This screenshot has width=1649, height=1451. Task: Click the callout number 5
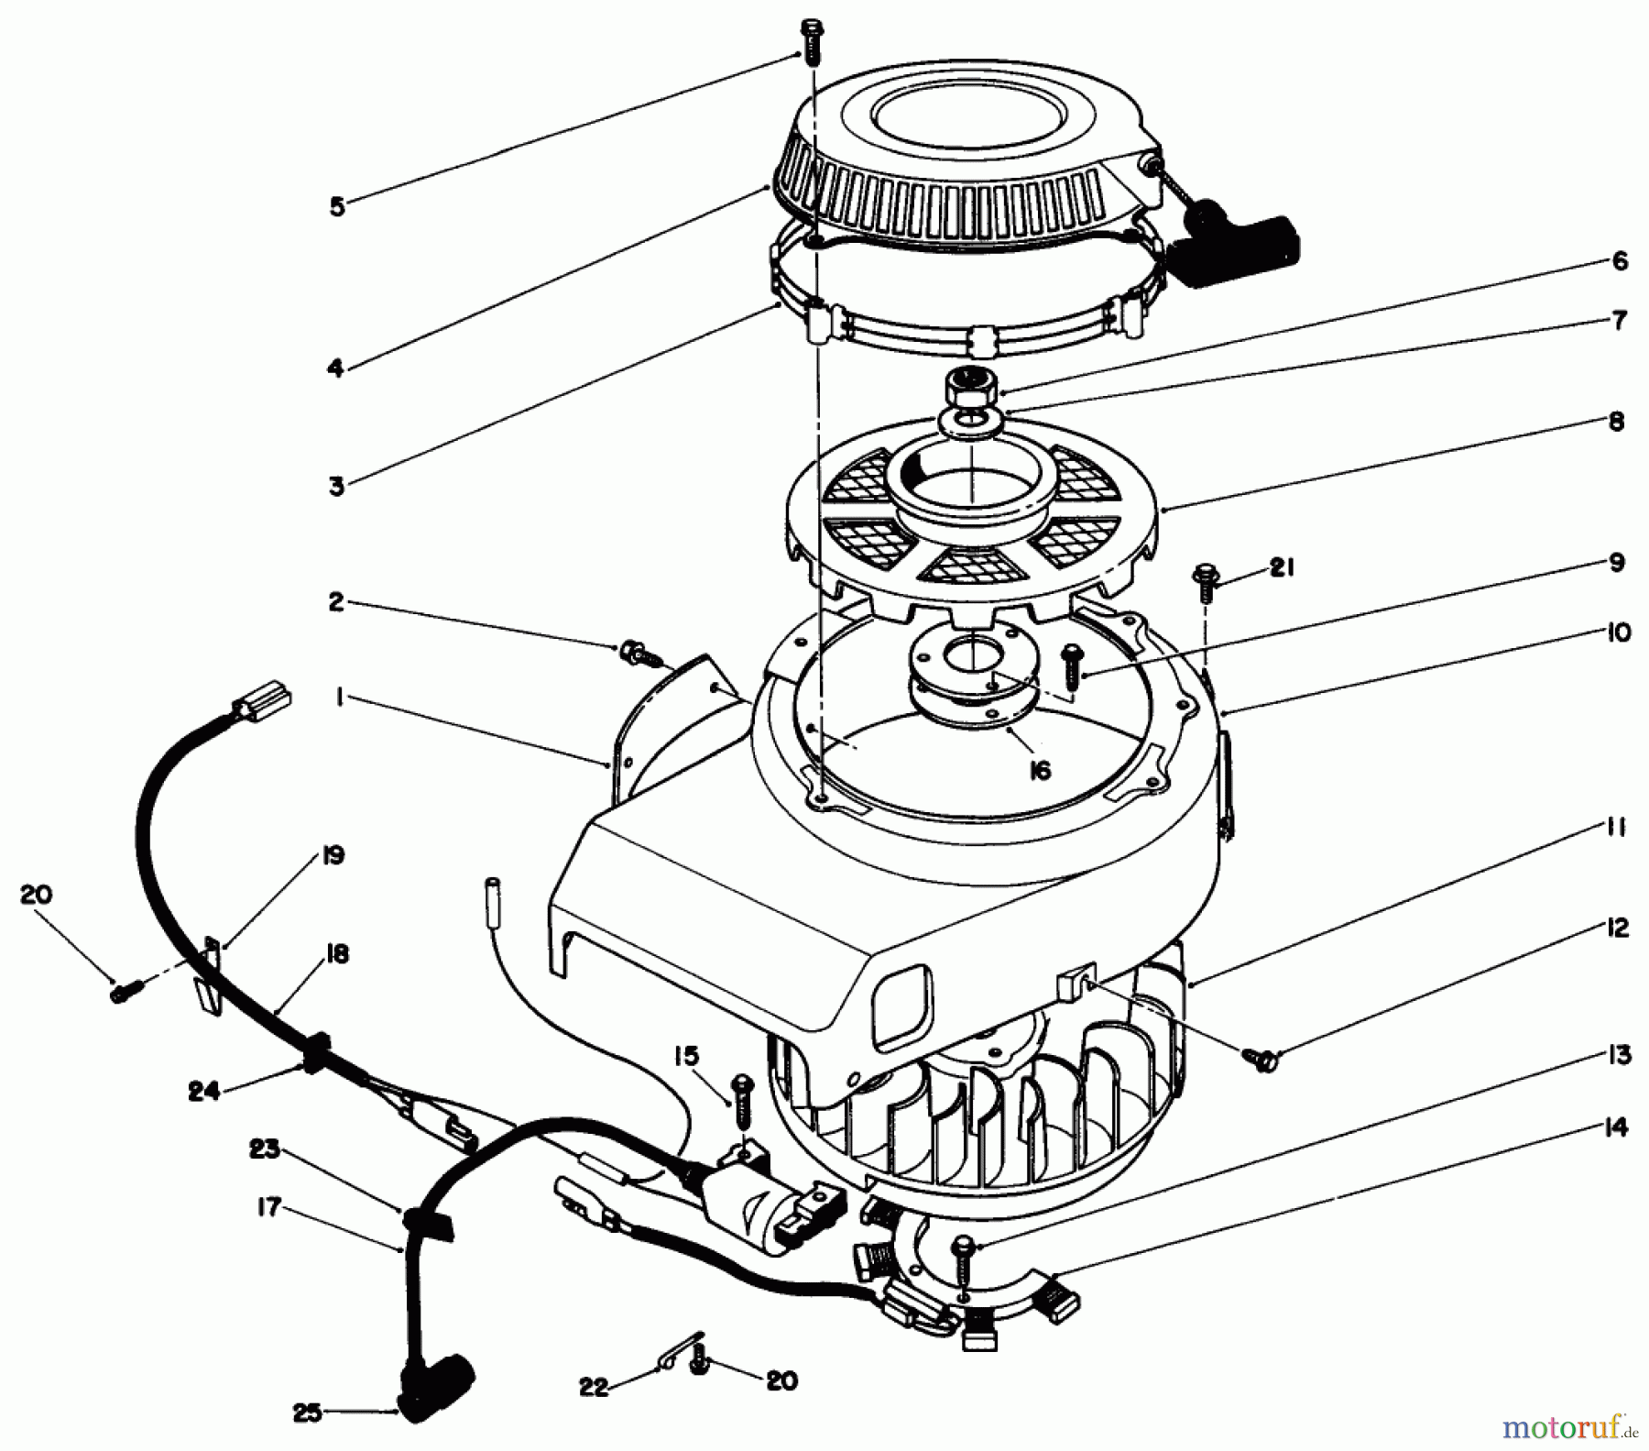click(x=337, y=207)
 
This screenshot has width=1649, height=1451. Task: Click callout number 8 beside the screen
click(x=1616, y=423)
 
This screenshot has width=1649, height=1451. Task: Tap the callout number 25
click(x=308, y=1413)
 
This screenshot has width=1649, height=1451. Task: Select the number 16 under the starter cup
click(x=1039, y=770)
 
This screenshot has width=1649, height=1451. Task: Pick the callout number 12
click(x=1617, y=929)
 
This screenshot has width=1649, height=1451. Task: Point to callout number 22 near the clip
click(x=594, y=1388)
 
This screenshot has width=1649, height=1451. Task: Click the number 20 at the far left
click(x=38, y=895)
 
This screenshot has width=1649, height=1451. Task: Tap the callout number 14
click(x=1617, y=1128)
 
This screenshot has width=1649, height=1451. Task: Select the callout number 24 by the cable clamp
click(x=204, y=1092)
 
